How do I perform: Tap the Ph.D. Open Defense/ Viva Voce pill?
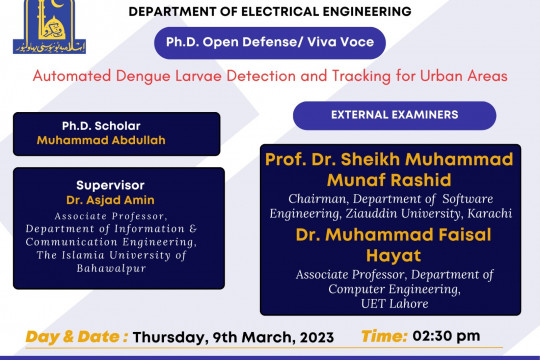pyautogui.click(x=269, y=44)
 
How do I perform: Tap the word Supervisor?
pyautogui.click(x=111, y=185)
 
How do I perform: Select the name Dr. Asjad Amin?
pyautogui.click(x=111, y=200)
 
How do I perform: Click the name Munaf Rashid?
pyautogui.click(x=388, y=180)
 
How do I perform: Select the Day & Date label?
pyautogui.click(x=75, y=336)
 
